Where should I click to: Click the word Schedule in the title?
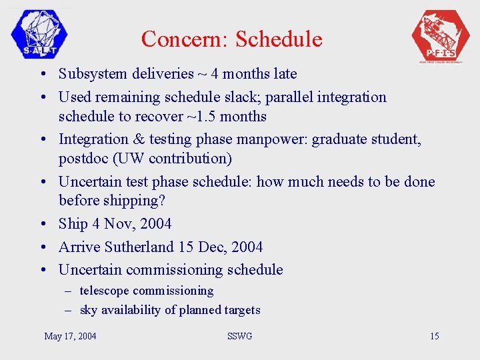(x=279, y=39)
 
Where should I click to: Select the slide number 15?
(x=434, y=336)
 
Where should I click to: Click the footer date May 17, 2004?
(x=70, y=336)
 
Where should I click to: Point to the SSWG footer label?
(x=240, y=336)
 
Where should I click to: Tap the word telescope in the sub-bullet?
(x=104, y=291)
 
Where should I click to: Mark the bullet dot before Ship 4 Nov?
(x=42, y=225)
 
